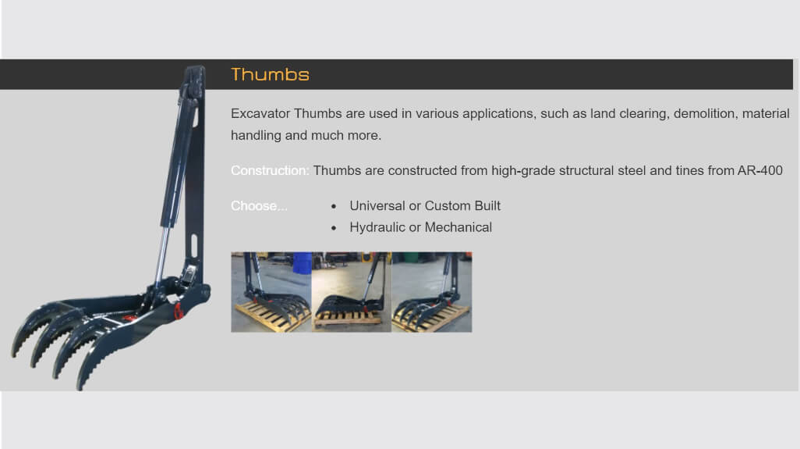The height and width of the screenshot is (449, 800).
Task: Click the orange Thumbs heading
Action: tap(270, 75)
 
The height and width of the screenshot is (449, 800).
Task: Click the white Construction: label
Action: tap(270, 170)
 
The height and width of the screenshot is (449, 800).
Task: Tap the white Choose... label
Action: tap(259, 206)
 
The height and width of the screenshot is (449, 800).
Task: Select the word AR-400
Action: tap(759, 170)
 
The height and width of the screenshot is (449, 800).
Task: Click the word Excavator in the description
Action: tap(260, 113)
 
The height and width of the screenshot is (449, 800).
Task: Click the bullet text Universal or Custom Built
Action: tap(425, 206)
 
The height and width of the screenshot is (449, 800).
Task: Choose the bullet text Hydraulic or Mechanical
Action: tap(421, 227)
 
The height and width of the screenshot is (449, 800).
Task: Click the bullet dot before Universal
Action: tap(334, 206)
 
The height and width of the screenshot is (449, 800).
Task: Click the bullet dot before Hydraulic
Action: tap(334, 228)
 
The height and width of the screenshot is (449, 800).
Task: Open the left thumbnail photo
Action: tap(271, 292)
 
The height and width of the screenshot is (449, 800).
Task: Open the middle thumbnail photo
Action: tap(352, 292)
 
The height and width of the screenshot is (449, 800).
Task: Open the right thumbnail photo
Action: tap(432, 292)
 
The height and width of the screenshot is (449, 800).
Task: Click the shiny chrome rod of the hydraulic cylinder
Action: tap(161, 255)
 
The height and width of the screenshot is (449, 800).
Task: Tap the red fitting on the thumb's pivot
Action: tap(179, 311)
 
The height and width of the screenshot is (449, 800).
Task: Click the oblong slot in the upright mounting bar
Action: tap(194, 246)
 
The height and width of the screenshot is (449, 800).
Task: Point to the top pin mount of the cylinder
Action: tap(192, 84)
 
